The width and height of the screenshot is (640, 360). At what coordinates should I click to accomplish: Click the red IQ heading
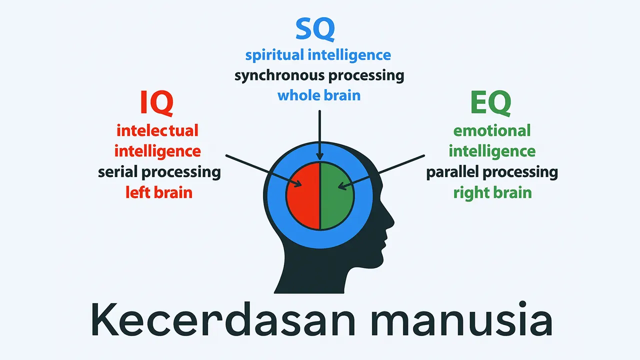tap(157, 103)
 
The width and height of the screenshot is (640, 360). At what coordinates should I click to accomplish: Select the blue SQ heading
tap(314, 29)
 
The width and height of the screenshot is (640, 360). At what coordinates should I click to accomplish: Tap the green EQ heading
tap(490, 103)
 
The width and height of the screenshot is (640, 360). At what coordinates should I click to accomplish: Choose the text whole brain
tap(319, 95)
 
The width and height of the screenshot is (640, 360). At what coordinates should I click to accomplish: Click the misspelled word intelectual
tap(157, 130)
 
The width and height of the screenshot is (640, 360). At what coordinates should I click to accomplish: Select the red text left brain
tap(159, 192)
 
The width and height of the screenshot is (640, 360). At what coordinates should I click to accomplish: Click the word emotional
tap(492, 130)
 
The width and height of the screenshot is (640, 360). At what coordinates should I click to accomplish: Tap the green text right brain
tap(492, 192)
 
